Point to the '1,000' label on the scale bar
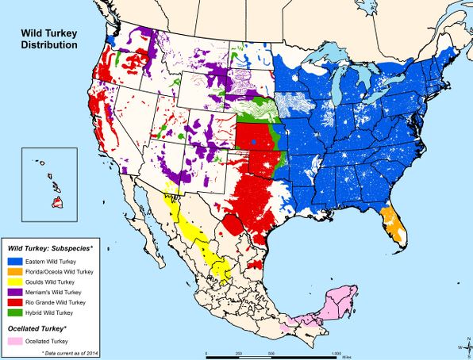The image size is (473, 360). tap(336, 352)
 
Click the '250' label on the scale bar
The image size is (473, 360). tap(239, 352)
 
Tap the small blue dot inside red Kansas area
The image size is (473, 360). tap(253, 142)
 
